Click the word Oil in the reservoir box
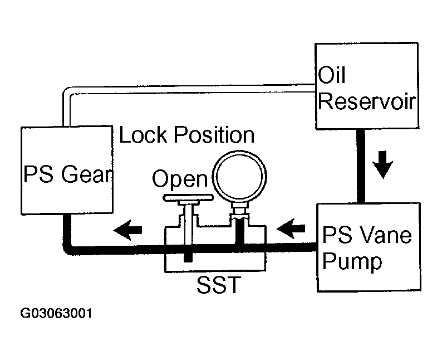[332, 75]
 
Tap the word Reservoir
[367, 101]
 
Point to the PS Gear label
[68, 174]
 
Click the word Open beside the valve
[180, 178]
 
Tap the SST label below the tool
[219, 284]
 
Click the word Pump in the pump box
[352, 261]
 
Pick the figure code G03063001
[56, 313]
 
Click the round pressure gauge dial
[239, 177]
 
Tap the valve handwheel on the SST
[188, 198]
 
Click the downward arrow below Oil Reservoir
[382, 164]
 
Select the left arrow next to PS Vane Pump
[291, 228]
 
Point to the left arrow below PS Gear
[127, 230]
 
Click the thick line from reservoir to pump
[361, 166]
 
